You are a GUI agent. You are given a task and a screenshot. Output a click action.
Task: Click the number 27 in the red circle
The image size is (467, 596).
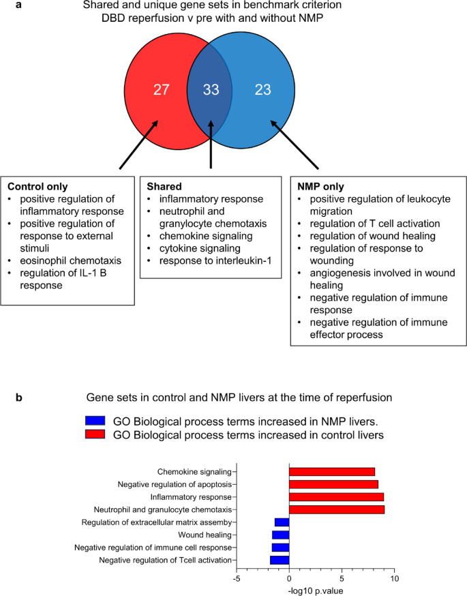tap(162, 89)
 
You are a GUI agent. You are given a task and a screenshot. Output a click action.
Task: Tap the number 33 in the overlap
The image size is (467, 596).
tap(211, 89)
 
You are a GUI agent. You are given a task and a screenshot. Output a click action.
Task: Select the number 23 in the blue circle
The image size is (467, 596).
tap(263, 89)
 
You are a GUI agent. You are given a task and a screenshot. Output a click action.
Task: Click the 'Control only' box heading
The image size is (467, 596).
tap(38, 186)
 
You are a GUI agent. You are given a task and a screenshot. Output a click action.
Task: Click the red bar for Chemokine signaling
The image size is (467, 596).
tap(332, 472)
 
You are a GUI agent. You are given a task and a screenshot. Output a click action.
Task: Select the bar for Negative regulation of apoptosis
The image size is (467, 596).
tap(333, 485)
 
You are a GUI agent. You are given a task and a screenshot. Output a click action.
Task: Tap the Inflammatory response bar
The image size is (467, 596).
tap(336, 497)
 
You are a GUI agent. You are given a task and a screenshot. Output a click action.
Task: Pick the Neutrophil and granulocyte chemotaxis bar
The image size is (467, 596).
tap(337, 509)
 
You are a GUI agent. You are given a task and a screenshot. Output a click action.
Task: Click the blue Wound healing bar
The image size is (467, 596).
tap(281, 535)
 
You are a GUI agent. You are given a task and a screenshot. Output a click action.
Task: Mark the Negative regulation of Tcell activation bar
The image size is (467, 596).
tap(280, 560)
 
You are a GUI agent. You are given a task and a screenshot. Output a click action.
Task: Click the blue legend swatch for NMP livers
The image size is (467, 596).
tap(95, 421)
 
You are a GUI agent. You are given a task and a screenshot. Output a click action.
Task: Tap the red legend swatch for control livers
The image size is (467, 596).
tap(95, 434)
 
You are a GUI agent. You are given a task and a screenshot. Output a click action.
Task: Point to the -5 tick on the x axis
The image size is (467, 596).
tap(236, 579)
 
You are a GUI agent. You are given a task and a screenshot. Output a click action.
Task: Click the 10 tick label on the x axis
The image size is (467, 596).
tap(393, 579)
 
